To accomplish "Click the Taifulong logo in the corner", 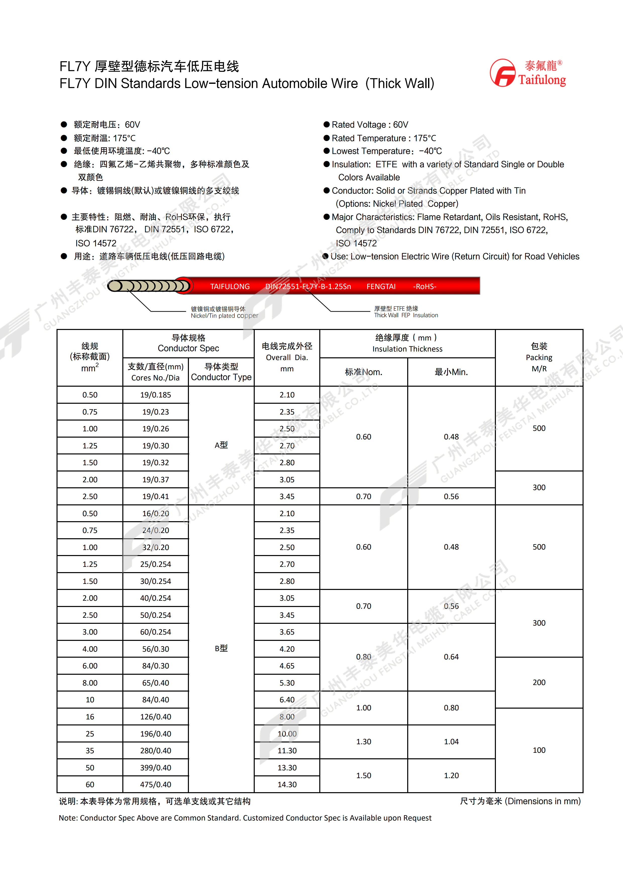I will tap(528, 73).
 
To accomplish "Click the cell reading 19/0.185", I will tap(155, 395).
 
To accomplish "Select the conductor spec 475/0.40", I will tap(155, 785).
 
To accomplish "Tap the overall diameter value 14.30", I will tap(287, 785).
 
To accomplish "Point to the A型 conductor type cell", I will tap(221, 445).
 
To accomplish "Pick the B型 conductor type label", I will tap(221, 648).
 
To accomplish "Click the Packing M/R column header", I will tap(539, 357).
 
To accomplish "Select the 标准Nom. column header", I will tap(363, 372).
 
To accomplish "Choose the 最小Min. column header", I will tap(451, 372).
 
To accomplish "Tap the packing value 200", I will tap(539, 682).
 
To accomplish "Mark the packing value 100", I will tap(539, 750).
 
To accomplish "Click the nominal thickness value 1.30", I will tap(363, 742).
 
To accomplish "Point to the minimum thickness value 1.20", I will tap(451, 775).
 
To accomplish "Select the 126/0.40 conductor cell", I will tap(155, 717).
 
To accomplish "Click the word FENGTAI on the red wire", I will tap(381, 286).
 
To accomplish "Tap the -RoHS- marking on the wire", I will tap(424, 286).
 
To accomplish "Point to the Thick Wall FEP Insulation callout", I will tap(406, 312).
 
